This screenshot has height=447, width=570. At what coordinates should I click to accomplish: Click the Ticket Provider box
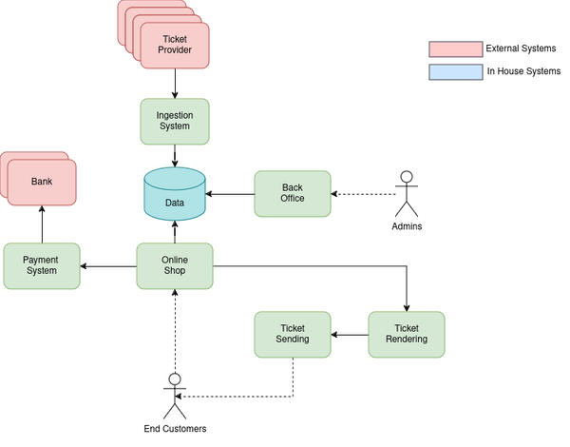(x=175, y=45)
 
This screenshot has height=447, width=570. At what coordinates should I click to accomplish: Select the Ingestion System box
(x=175, y=122)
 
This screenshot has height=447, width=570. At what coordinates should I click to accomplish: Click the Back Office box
(x=293, y=193)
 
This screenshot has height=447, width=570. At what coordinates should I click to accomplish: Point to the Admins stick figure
(x=407, y=193)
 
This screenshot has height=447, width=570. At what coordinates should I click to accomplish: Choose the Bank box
(x=42, y=182)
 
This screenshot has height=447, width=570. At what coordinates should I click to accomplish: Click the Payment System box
(x=42, y=265)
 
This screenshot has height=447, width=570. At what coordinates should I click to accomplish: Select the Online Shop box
(x=175, y=265)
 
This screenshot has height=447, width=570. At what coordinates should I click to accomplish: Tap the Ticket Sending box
(x=293, y=334)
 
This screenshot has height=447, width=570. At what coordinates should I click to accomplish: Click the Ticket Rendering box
(x=407, y=334)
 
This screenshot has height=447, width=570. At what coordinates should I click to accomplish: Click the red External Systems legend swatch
(x=456, y=49)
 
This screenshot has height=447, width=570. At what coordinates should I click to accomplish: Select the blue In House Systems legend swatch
(x=456, y=71)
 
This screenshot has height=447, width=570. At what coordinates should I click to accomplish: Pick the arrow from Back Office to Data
(x=231, y=194)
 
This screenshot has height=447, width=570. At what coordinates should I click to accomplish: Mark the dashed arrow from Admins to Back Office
(x=363, y=194)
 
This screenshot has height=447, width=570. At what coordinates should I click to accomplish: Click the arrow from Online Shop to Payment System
(x=108, y=266)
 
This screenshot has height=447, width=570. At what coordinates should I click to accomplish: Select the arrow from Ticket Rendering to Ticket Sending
(x=350, y=335)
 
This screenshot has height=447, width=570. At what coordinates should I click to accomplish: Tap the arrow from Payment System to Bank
(x=42, y=223)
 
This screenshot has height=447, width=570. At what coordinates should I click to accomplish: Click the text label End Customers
(x=175, y=429)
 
